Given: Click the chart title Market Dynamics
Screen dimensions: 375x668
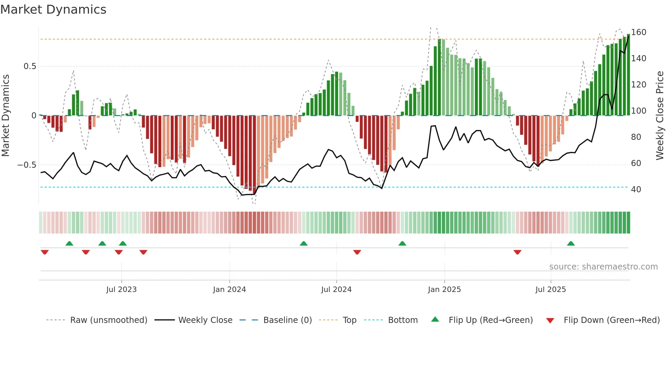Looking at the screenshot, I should [x=54, y=10].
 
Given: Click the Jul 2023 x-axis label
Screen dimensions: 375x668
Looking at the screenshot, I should [x=121, y=290].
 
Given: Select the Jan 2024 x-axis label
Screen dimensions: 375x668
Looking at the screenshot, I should [x=229, y=290].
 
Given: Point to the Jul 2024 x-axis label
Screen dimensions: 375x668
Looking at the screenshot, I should [x=336, y=290].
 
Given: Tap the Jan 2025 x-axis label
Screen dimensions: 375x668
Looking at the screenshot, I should [x=444, y=290].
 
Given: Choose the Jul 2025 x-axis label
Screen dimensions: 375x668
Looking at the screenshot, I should [x=551, y=290].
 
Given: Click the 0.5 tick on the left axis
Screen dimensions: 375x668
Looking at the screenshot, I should [x=30, y=66].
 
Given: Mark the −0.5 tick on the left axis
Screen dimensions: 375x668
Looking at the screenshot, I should [x=27, y=165].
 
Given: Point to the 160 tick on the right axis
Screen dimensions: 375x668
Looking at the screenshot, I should [x=639, y=32].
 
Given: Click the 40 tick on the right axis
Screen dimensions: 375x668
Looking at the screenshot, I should [x=636, y=190].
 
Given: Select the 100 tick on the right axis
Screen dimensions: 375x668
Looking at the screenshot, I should [x=639, y=111].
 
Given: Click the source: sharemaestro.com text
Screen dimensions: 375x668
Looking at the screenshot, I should [x=604, y=267].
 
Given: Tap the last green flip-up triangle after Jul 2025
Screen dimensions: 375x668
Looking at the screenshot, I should [x=571, y=243].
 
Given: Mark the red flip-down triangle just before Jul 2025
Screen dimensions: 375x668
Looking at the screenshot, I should [x=517, y=252].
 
